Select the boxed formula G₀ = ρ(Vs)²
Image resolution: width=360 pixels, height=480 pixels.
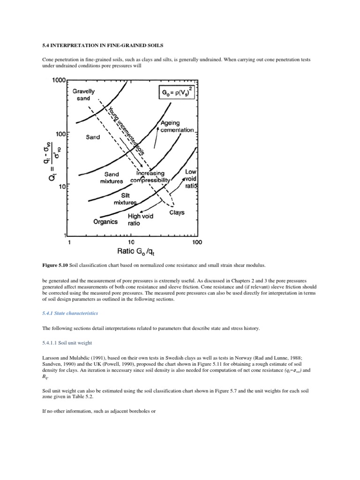[176, 93]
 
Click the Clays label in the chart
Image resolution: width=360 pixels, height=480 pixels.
[177, 212]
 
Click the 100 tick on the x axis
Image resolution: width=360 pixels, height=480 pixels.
[197, 242]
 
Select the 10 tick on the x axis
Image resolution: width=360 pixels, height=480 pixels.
[131, 242]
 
